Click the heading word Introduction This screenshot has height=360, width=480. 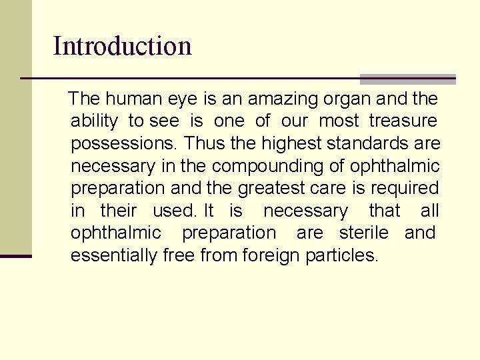[x=122, y=46]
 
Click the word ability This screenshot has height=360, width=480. [x=94, y=121]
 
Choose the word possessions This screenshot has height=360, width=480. [x=124, y=144]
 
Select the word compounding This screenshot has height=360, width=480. [x=283, y=166]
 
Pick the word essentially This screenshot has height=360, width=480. [x=114, y=255]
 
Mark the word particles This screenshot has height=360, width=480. [x=341, y=255]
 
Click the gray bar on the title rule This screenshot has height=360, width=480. [x=407, y=79]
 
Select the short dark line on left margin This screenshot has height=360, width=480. [x=16, y=256]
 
